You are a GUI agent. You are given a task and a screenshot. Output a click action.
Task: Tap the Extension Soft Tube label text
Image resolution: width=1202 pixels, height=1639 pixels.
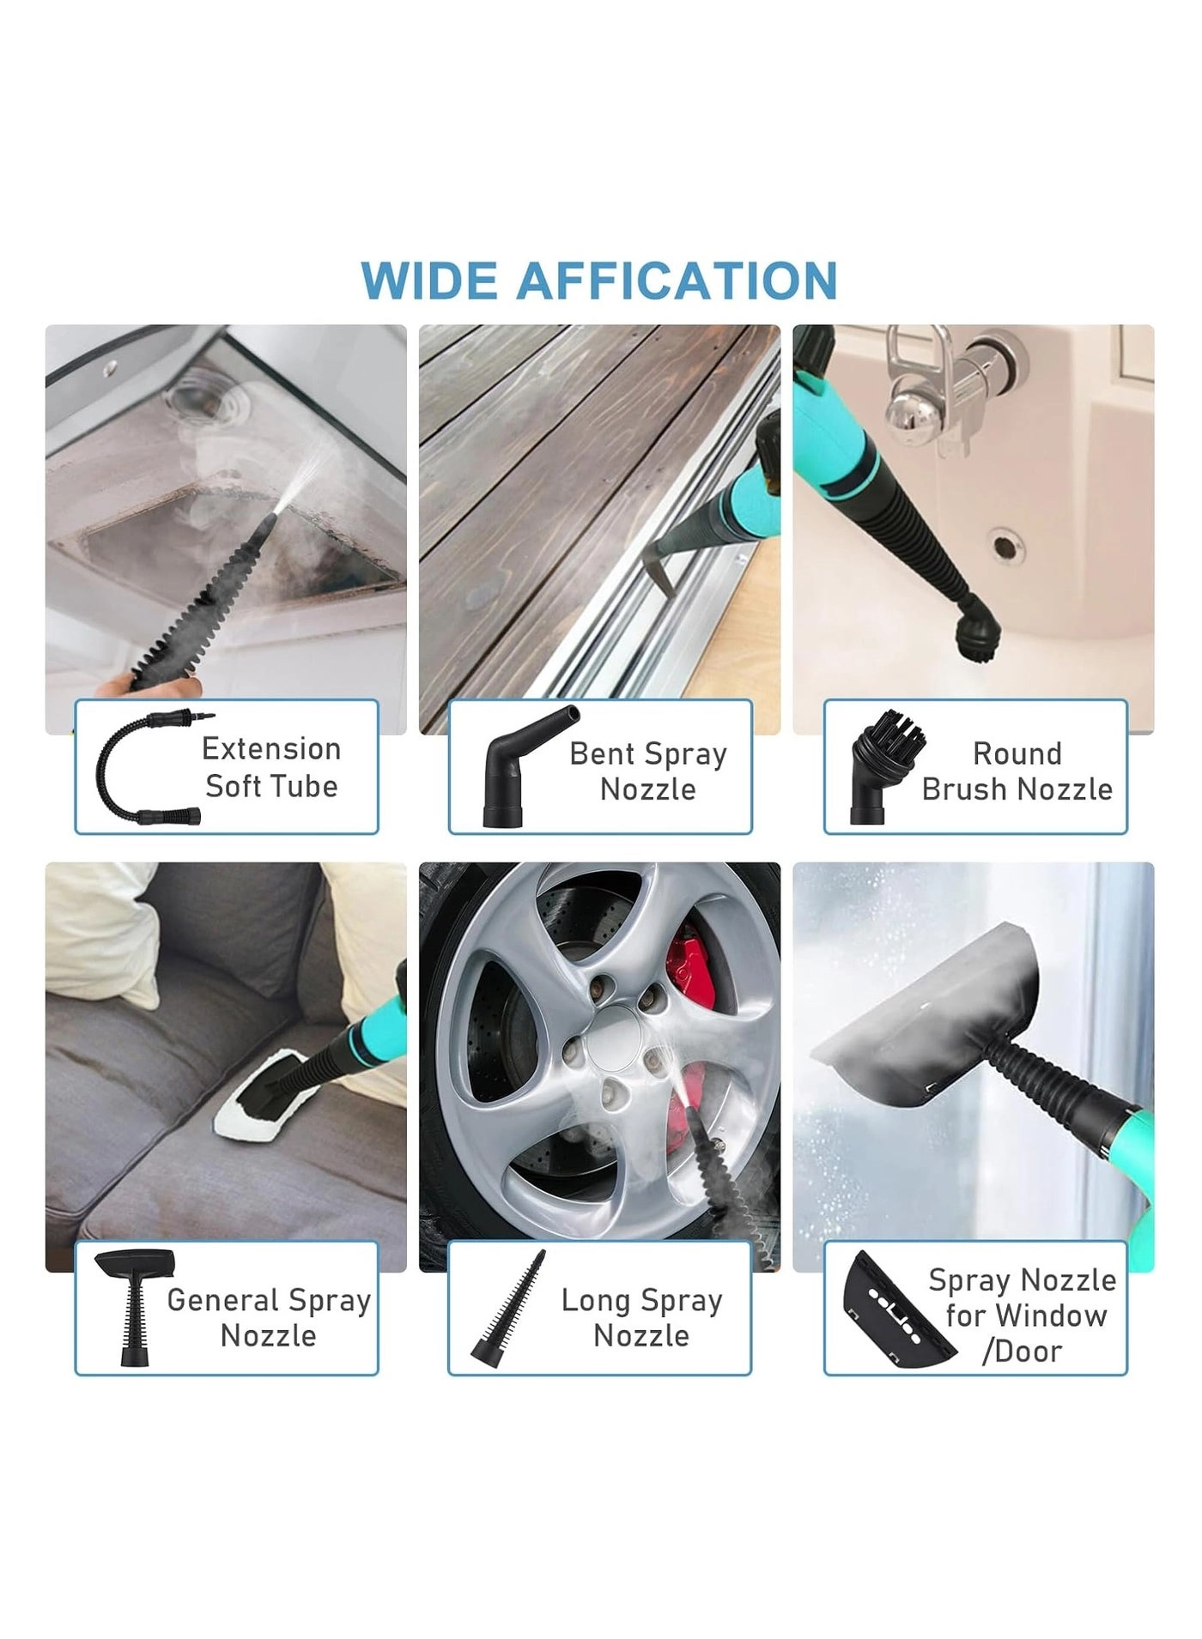click(271, 767)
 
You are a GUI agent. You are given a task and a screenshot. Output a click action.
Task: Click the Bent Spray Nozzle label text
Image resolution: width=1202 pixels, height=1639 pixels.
click(648, 771)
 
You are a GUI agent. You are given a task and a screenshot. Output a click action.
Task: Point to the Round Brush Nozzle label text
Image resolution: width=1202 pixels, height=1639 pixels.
click(1017, 771)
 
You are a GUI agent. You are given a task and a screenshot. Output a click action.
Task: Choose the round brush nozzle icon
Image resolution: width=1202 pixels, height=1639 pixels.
click(884, 766)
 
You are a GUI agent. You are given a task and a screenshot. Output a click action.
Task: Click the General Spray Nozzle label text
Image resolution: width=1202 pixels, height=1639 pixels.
click(269, 1317)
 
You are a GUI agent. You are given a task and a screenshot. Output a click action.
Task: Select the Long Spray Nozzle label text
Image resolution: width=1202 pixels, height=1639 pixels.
click(641, 1317)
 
